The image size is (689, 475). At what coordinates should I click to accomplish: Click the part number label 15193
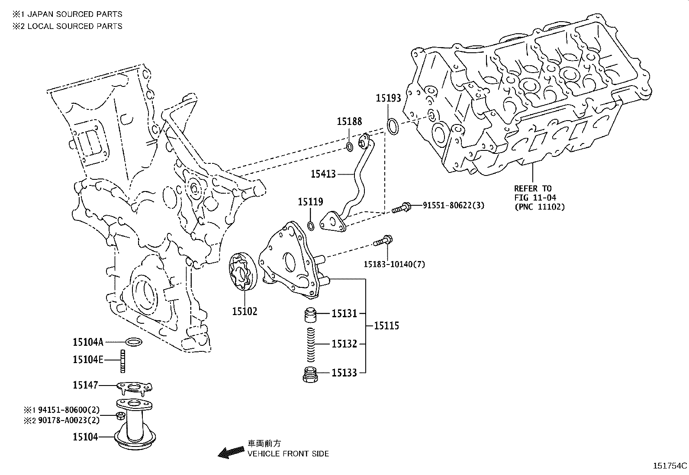(388, 98)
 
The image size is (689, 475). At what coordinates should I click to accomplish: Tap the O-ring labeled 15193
(393, 127)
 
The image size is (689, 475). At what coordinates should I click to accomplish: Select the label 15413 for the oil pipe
(323, 174)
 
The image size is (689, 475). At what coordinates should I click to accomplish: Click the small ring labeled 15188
(350, 147)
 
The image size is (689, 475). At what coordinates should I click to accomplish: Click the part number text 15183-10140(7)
(394, 264)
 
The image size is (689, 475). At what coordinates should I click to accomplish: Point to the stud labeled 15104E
(122, 360)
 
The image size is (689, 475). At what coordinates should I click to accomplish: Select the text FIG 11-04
(535, 198)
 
